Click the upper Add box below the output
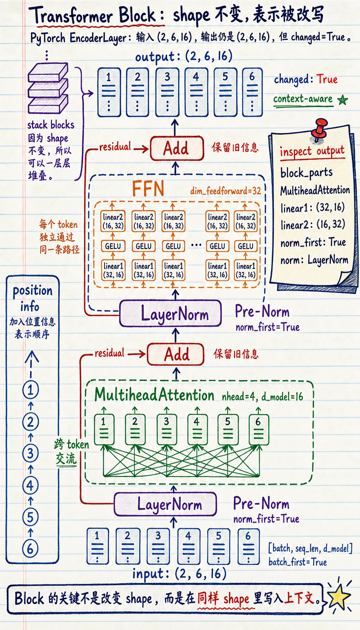[177, 148]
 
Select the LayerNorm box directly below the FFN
[171, 313]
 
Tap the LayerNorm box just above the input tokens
[165, 504]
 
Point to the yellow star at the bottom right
[339, 597]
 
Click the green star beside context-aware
[342, 100]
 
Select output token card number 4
[196, 92]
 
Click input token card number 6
[249, 546]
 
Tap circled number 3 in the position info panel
[31, 453]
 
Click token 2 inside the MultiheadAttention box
[135, 429]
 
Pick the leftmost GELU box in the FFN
[113, 246]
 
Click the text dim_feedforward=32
[226, 191]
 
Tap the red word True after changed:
[327, 79]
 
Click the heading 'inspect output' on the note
[312, 151]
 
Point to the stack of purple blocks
[48, 89]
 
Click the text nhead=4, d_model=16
[262, 397]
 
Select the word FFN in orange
[148, 189]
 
